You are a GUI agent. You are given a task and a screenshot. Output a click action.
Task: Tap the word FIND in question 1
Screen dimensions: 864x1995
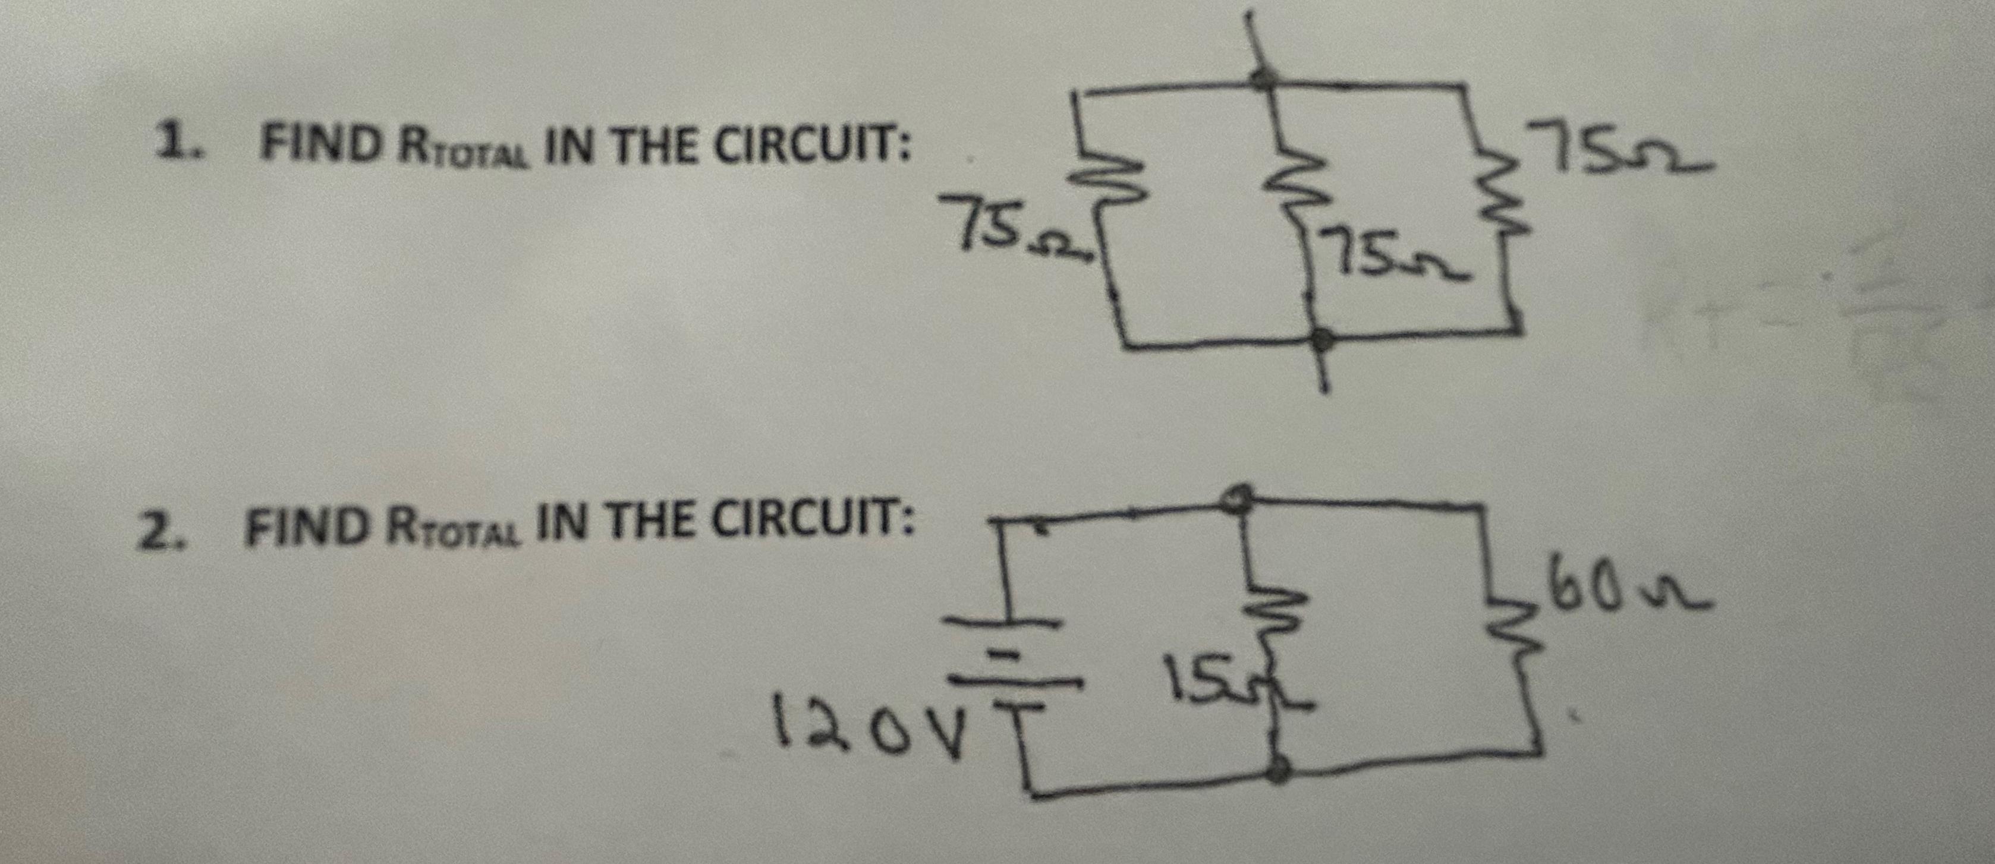click(319, 145)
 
